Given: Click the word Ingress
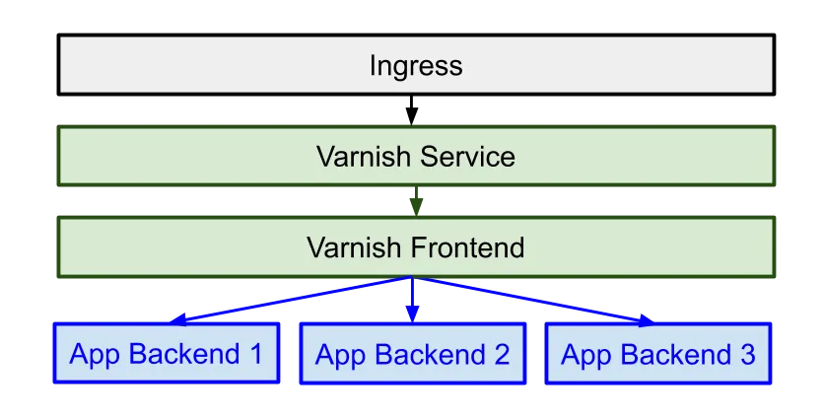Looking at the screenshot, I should pyautogui.click(x=415, y=66).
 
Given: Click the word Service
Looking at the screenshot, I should pyautogui.click(x=467, y=157).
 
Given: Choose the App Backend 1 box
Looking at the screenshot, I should pyautogui.click(x=166, y=354).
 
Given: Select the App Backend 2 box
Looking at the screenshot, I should pyautogui.click(x=412, y=354).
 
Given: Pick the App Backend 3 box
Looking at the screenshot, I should pyautogui.click(x=657, y=354).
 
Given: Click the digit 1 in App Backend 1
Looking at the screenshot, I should pyautogui.click(x=256, y=354).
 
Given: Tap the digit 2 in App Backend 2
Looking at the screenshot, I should pyautogui.click(x=502, y=354).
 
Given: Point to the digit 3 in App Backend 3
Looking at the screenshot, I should pyautogui.click(x=747, y=354).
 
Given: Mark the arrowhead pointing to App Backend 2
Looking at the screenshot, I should pyautogui.click(x=412, y=313).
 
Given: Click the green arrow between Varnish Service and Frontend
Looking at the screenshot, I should pyautogui.click(x=416, y=203).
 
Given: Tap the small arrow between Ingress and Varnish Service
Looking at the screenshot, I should pyautogui.click(x=413, y=121).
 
